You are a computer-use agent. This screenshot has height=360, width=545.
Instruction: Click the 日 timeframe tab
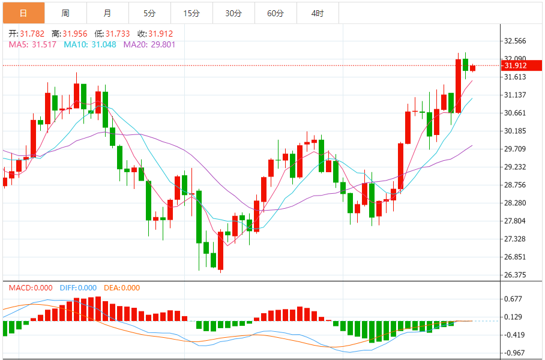[23, 13]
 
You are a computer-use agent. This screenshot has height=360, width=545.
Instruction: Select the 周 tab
[65, 13]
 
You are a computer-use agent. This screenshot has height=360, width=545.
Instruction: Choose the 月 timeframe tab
[107, 13]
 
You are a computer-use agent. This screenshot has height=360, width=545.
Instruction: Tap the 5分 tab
[149, 13]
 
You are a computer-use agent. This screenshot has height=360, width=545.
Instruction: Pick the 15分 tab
[191, 13]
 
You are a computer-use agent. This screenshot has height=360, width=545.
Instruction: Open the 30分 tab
[233, 13]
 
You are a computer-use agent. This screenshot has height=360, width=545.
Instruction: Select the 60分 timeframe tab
[276, 13]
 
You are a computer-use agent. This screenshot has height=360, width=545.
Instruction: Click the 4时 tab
[318, 13]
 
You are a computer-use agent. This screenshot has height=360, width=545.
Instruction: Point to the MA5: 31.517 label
[33, 44]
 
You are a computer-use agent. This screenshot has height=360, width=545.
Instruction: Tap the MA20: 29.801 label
[149, 44]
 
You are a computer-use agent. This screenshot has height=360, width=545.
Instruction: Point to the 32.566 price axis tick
[515, 41]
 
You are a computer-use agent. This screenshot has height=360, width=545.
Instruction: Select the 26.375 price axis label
[515, 275]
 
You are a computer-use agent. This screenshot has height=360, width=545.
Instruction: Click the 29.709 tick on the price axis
[515, 149]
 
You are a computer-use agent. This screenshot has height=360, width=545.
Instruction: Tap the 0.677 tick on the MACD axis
[513, 299]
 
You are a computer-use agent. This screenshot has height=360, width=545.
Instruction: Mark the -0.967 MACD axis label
[513, 353]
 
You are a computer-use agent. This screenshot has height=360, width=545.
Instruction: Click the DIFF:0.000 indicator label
[78, 288]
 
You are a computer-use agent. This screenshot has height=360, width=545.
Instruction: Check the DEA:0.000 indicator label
[122, 288]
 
